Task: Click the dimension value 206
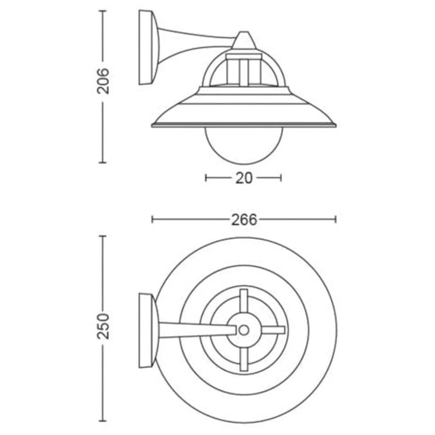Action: tap(103, 81)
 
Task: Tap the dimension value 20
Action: tap(244, 178)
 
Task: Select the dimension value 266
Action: tap(244, 220)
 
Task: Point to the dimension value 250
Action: tap(103, 326)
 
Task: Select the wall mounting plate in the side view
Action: tap(147, 48)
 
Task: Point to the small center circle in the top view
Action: tap(244, 330)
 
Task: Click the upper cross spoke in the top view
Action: tap(244, 302)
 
